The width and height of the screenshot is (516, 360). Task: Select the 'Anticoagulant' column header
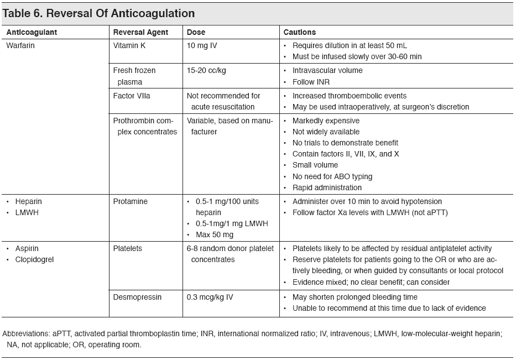[x=32, y=32]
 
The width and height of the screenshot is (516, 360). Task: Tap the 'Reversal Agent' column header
[x=140, y=32]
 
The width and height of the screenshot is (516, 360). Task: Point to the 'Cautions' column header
[x=300, y=32]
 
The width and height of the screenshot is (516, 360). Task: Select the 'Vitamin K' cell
[x=129, y=45]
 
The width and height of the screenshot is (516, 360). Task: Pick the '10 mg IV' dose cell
[x=202, y=45]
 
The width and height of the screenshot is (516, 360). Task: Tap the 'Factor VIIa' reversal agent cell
[x=132, y=96]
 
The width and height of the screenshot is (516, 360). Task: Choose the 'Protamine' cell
[x=130, y=201]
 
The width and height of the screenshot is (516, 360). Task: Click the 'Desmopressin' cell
[x=137, y=297]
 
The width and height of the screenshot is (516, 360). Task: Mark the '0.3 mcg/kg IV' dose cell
[x=210, y=297]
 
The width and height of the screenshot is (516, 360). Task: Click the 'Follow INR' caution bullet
[x=311, y=82]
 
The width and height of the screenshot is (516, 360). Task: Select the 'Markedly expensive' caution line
[x=326, y=121]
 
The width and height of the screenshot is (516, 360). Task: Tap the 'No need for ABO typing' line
[x=332, y=176]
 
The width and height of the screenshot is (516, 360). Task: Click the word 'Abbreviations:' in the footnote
[x=26, y=333]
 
